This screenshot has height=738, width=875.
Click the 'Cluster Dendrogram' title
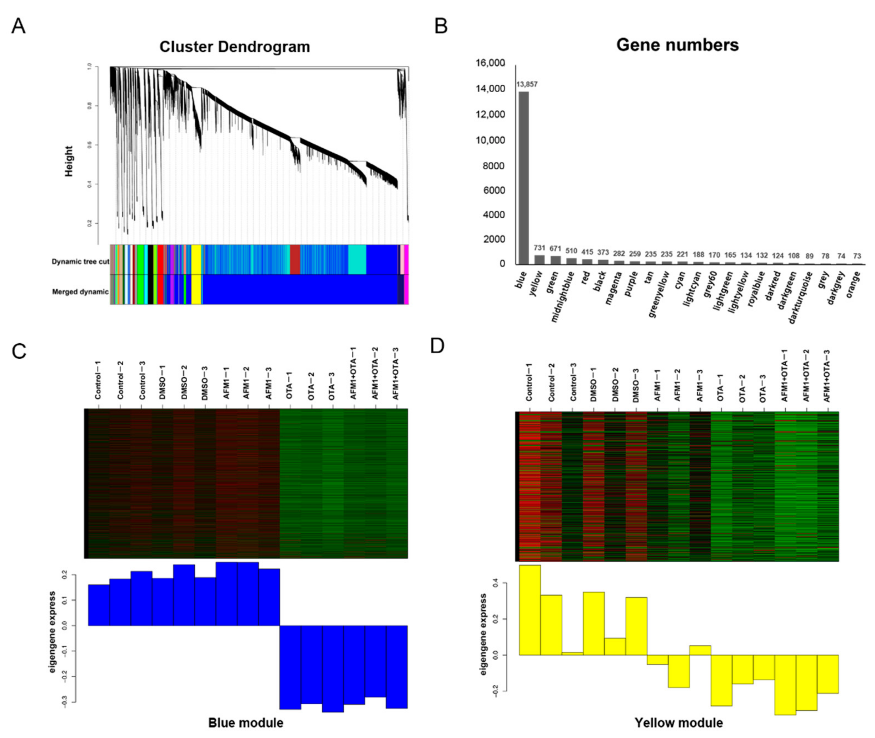pos(234,46)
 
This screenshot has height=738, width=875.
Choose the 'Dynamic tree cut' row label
pos(80,261)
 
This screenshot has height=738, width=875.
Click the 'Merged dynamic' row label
pos(80,292)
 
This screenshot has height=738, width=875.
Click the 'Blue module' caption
pos(246,723)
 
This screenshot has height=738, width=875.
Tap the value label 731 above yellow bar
pos(539,248)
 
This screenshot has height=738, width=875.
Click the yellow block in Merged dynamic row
pos(196,290)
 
